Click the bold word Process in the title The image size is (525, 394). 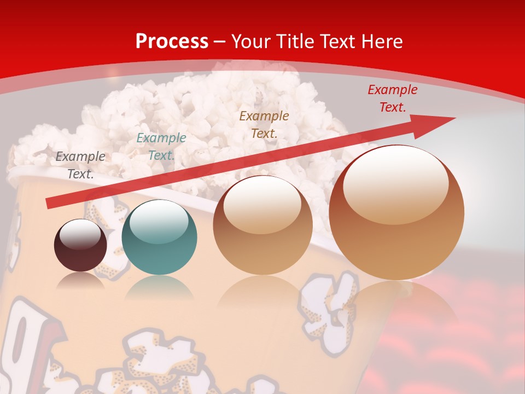coord(172,41)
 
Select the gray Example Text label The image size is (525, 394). coord(80,165)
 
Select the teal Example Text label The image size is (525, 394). coord(161,147)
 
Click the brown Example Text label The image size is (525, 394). coord(264,124)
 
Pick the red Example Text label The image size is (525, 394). coord(392,99)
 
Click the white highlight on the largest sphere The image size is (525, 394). coord(395,186)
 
